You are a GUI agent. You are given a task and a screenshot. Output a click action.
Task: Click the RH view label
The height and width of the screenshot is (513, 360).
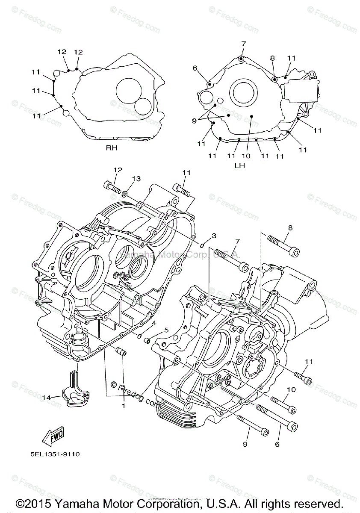[112, 148]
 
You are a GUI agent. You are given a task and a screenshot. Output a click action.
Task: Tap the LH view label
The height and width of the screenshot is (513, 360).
[239, 165]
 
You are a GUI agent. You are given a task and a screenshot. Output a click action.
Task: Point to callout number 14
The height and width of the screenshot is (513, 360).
[47, 398]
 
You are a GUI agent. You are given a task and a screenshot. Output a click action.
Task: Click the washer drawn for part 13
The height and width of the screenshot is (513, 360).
[125, 195]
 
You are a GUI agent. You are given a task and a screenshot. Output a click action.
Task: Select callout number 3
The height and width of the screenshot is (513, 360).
[214, 235]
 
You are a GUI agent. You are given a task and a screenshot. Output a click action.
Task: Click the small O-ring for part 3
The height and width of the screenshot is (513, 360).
[201, 246]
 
